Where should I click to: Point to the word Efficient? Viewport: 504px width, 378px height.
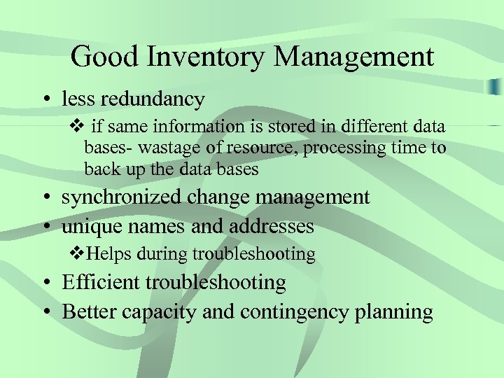tap(101, 282)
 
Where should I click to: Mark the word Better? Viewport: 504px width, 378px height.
tap(89, 311)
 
